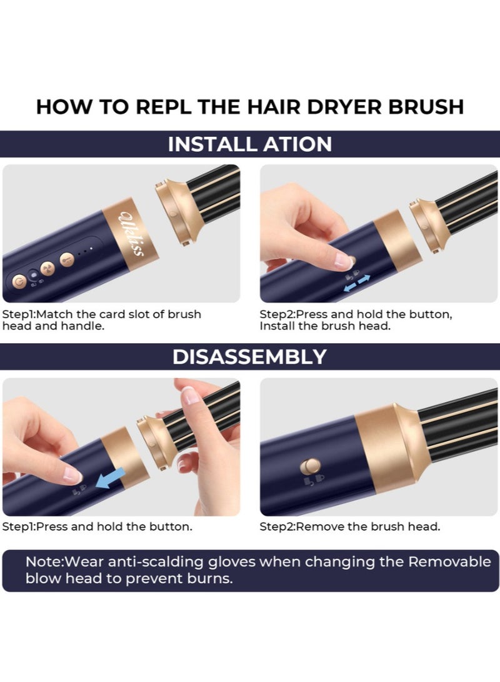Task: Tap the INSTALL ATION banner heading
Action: [250, 144]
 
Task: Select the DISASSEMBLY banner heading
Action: [249, 356]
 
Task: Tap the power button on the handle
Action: [19, 282]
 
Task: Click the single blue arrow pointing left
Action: [110, 479]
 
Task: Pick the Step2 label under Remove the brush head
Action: [277, 526]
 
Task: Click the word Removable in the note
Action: [449, 561]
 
